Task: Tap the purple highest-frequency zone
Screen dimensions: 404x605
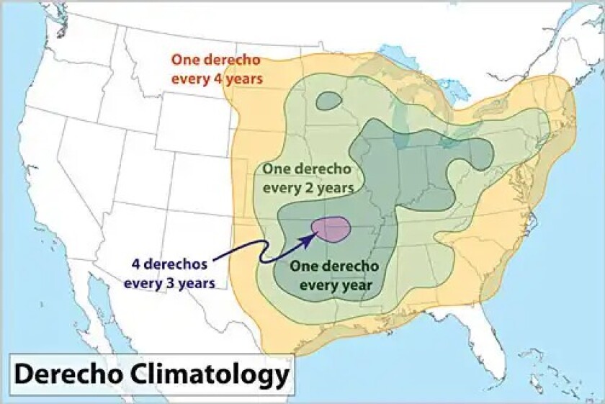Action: pyautogui.click(x=331, y=229)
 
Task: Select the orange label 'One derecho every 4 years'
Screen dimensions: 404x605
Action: pyautogui.click(x=215, y=69)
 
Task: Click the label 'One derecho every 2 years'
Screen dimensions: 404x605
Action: pyautogui.click(x=308, y=179)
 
